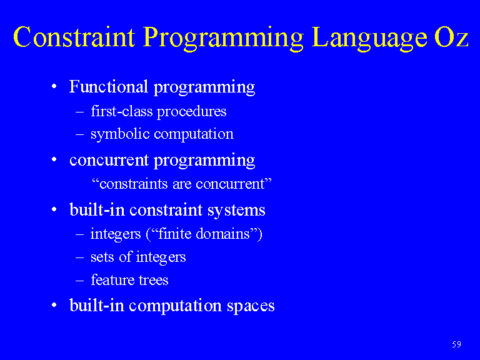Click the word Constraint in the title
[74, 37]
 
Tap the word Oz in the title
[451, 37]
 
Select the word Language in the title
[369, 39]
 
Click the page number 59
[456, 344]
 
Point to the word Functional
[109, 86]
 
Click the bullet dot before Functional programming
[54, 86]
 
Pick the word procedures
[192, 112]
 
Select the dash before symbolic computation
[79, 135]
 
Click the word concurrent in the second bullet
[109, 161]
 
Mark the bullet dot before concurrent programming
[54, 159]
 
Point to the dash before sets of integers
[79, 257]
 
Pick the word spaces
[251, 306]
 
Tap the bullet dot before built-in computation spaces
[54, 305]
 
